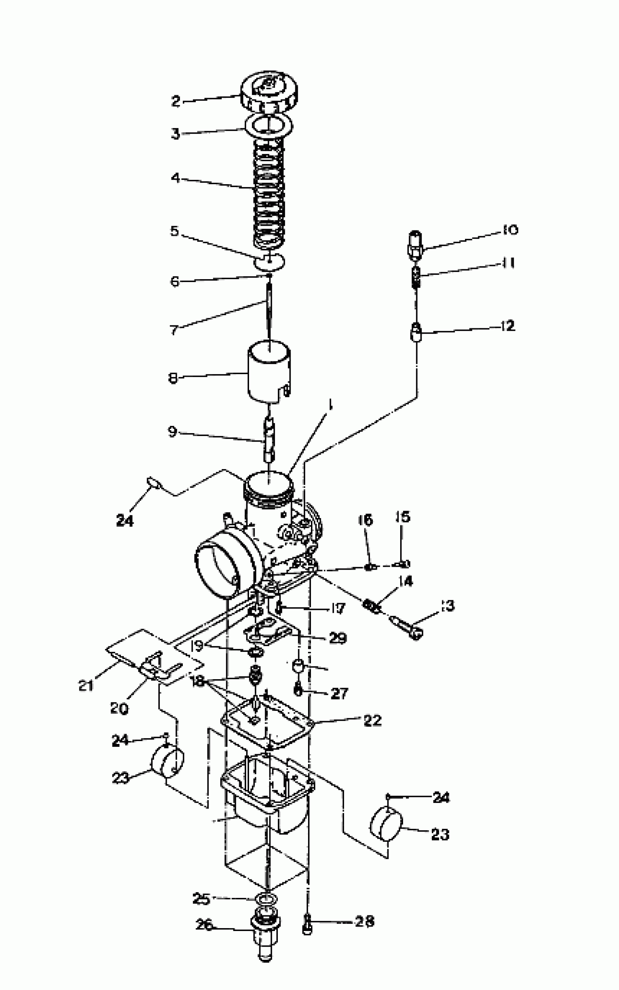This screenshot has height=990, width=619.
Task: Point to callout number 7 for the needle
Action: click(x=174, y=330)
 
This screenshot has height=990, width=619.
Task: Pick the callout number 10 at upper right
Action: click(x=510, y=230)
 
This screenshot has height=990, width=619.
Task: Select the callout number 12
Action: click(x=507, y=326)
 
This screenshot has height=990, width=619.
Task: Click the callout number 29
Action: click(x=338, y=638)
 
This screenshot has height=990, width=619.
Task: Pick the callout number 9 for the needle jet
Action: click(x=172, y=431)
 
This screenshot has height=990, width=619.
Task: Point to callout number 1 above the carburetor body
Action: click(x=330, y=405)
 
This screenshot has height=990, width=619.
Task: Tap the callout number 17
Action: click(x=338, y=609)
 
